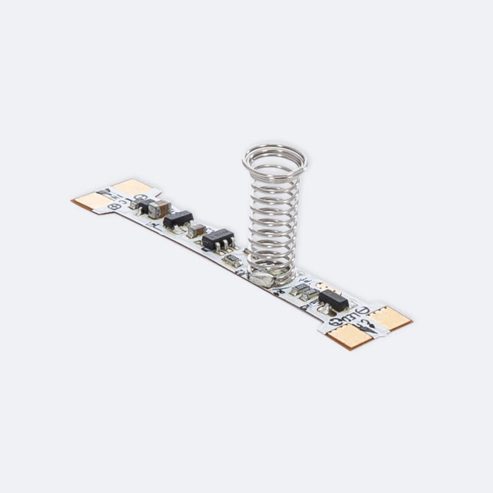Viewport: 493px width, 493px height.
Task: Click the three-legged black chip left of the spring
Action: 218,238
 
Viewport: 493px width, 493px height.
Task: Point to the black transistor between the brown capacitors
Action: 177,220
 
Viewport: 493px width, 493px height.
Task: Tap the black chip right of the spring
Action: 333,299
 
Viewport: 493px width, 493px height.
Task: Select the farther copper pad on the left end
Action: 132,187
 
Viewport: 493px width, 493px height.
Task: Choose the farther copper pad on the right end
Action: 391,317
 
